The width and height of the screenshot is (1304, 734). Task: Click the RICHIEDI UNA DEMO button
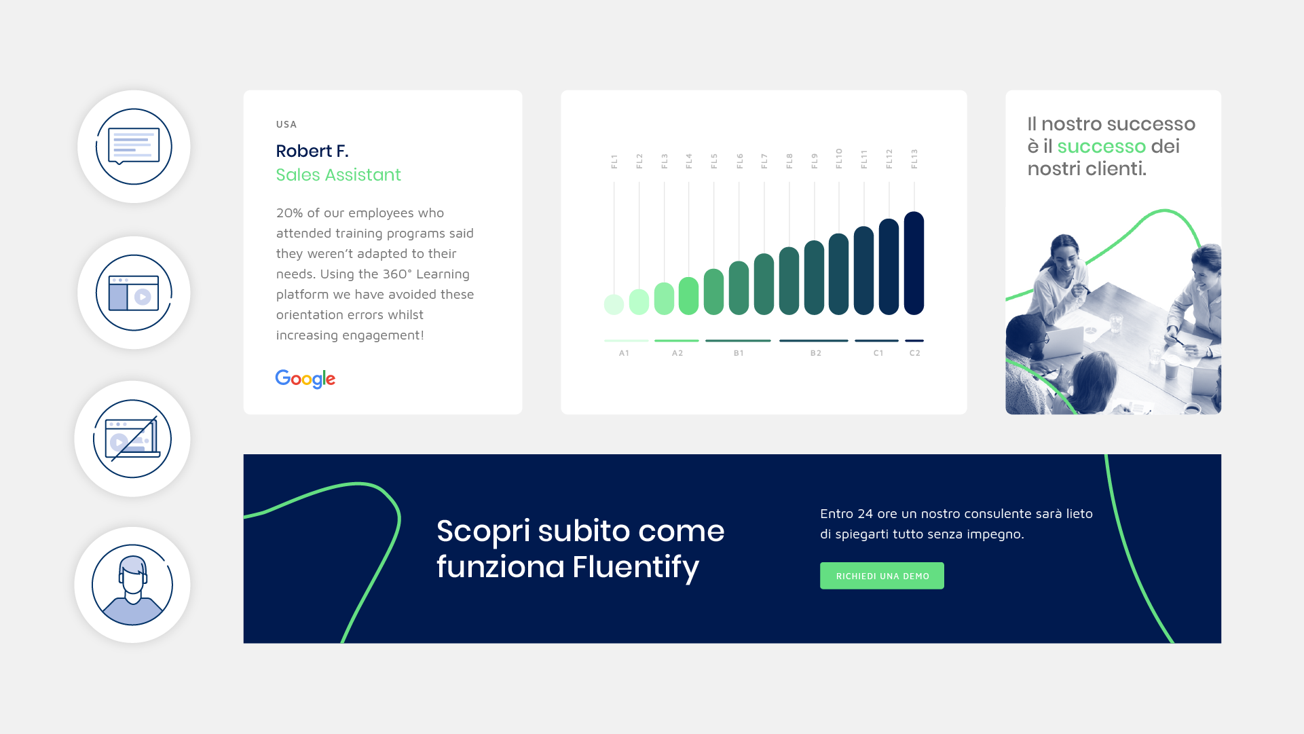coord(882,576)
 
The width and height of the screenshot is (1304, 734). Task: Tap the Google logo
coord(305,379)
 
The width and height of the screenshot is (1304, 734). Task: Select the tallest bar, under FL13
coord(914,263)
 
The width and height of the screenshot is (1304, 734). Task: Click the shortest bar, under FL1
coord(614,305)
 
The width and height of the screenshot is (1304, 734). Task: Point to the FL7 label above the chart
coord(764,161)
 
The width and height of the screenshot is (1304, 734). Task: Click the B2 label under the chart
coord(816,353)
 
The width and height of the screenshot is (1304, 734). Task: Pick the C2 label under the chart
coord(915,353)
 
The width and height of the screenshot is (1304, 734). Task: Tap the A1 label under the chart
coord(625,353)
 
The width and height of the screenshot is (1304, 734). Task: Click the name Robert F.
coord(312,151)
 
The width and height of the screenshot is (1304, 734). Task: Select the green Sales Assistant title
coord(339,175)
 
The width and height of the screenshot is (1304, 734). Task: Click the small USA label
coord(286,124)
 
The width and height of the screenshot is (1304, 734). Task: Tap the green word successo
coord(1102,146)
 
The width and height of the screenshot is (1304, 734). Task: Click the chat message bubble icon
coord(134,147)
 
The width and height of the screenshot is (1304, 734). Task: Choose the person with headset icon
coord(132,585)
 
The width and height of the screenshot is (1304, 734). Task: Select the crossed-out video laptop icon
coord(132,439)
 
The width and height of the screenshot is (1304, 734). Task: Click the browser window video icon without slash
coord(134,293)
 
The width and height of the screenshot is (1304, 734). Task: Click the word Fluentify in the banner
coord(636,567)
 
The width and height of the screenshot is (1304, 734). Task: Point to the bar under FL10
coord(839,274)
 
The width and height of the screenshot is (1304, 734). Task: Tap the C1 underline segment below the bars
coord(877,340)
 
